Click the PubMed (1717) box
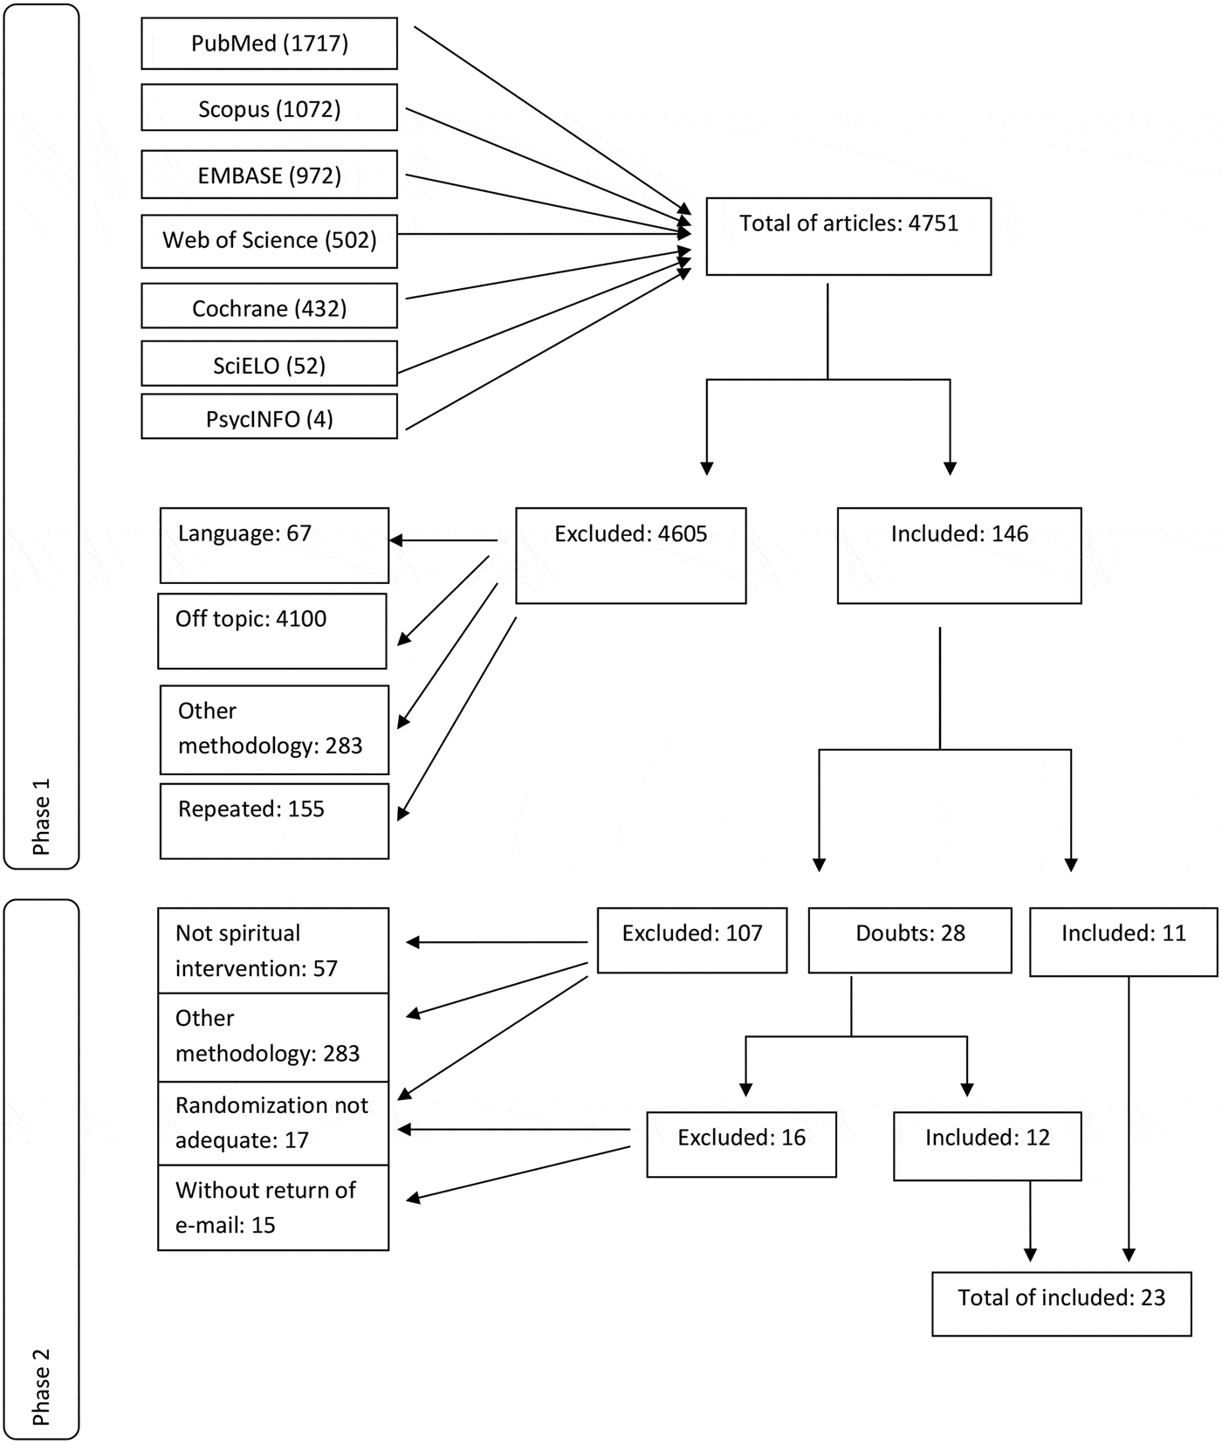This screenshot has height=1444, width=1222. click(x=269, y=44)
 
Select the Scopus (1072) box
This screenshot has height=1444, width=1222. click(x=269, y=108)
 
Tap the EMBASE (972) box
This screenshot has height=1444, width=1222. click(x=269, y=175)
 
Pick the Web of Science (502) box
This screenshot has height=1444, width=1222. click(x=269, y=241)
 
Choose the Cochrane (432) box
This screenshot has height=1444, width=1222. click(x=269, y=307)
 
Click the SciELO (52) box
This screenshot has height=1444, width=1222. click(x=269, y=364)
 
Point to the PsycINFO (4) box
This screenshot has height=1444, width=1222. click(x=269, y=417)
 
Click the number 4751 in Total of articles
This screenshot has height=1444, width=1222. click(x=933, y=223)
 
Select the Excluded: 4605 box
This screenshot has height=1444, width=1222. click(x=630, y=555)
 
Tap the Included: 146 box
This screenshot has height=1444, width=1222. click(x=958, y=555)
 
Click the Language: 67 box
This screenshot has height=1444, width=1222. click(x=274, y=546)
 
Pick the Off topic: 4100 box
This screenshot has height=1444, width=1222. click(x=271, y=630)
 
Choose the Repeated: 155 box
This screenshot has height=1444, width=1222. click(x=274, y=821)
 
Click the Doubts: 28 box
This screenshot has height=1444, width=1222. click(x=910, y=940)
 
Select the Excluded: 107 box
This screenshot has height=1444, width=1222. click(x=691, y=940)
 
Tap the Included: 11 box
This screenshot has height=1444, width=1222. click(x=1123, y=941)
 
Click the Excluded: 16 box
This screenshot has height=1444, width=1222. click(x=741, y=1144)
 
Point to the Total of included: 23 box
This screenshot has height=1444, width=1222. click(x=1061, y=1303)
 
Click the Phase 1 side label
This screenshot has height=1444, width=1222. click(x=41, y=816)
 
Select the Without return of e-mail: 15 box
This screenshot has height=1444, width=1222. click(x=272, y=1207)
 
